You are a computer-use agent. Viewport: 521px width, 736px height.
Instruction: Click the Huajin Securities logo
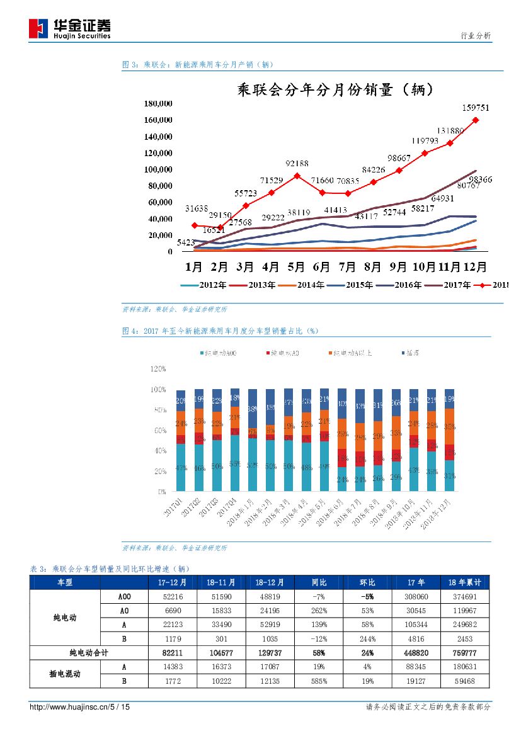point(69,28)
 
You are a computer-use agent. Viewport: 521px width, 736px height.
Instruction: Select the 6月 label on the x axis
point(322,266)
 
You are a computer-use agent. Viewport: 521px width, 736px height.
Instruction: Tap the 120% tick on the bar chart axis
point(157,369)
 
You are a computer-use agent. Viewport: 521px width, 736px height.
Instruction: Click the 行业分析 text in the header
point(476,36)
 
